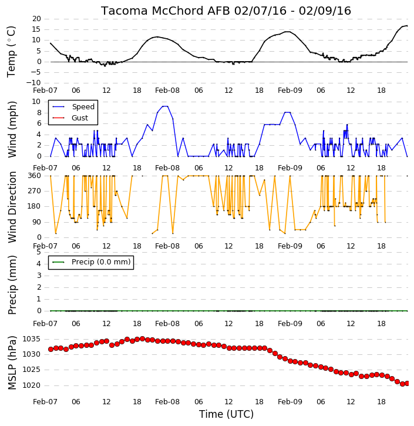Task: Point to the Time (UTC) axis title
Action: coord(226,414)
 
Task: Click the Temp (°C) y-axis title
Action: coord(11,52)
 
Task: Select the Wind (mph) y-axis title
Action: coord(12,129)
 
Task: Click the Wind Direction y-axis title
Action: coord(12,207)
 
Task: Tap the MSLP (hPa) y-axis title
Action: coord(12,363)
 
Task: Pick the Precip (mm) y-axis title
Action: coord(12,285)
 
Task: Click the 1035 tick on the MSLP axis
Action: coord(31,339)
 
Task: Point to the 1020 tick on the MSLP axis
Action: coord(31,385)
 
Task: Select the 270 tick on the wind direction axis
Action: coord(35,191)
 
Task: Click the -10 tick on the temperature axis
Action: coord(33,83)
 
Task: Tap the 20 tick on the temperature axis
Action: coord(36,19)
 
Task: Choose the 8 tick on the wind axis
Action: coord(39,113)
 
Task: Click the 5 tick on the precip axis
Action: coord(39,252)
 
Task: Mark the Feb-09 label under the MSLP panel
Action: coord(290,402)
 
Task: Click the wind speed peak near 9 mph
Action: coord(165,106)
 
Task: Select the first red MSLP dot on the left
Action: coord(51,350)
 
